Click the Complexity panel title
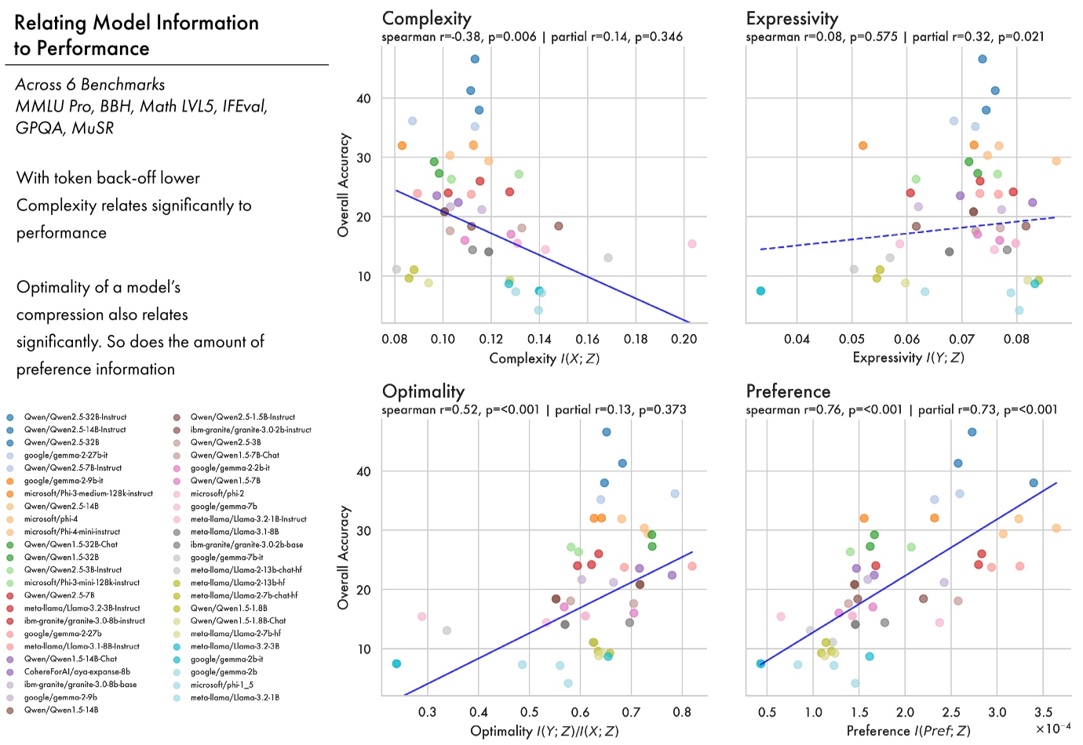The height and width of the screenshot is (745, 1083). point(426,19)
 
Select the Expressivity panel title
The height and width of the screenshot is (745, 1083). point(792,19)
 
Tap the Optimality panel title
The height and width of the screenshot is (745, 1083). point(423,391)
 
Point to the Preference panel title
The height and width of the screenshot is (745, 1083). point(788,391)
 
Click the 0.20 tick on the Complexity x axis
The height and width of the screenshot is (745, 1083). point(684,339)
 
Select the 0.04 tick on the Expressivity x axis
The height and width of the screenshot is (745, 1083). point(797,339)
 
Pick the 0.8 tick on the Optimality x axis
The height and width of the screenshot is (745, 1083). point(682,712)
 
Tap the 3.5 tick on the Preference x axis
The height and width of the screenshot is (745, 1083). point(1043,712)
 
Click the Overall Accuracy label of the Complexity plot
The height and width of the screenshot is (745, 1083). point(343,184)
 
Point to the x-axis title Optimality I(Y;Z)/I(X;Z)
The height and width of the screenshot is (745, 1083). point(544,731)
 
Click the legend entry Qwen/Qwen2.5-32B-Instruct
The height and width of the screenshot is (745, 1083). point(75,417)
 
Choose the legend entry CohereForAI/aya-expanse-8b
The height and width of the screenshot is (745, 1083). point(77,672)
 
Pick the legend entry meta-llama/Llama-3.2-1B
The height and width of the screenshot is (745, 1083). point(235,697)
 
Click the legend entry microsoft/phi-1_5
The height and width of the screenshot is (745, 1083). point(221,685)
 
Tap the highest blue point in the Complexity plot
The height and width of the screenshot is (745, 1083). point(475,59)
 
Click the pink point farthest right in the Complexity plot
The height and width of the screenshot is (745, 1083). point(692,244)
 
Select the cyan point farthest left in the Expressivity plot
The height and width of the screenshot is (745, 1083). point(760,291)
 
